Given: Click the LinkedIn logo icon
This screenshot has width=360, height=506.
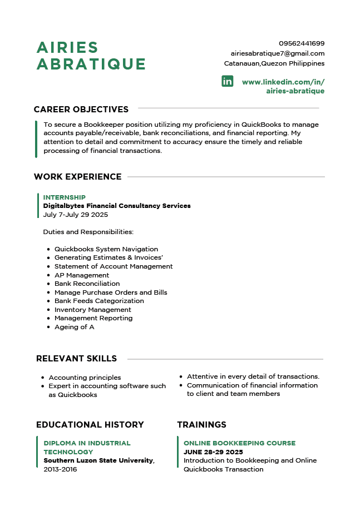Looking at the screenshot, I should tap(228, 81).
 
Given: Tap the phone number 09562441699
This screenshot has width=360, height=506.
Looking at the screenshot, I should tap(302, 43).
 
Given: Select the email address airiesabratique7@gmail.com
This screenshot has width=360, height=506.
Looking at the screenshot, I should tap(278, 53).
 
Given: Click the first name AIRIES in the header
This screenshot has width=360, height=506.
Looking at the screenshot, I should tap(67, 48).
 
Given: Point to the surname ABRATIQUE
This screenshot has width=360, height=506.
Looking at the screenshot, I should tap(91, 64).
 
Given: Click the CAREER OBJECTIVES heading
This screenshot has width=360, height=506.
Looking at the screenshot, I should tap(81, 110).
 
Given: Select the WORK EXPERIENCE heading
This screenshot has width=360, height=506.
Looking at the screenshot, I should tap(77, 177).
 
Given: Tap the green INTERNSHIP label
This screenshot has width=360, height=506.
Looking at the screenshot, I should tap(65, 197).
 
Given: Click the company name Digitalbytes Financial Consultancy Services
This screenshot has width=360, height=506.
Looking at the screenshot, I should tap(117, 206).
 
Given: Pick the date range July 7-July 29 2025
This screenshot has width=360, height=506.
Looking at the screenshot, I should tap(76, 215).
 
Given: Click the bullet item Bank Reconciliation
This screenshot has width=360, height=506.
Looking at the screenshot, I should tap(87, 284).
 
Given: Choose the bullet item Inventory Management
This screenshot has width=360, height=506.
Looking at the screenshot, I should tap(92, 310).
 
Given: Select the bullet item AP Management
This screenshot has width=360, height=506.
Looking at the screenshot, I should tap(82, 275).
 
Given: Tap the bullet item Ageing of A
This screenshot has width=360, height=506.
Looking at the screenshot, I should tap(74, 327).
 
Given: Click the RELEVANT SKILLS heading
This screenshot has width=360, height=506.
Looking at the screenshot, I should tap(76, 359).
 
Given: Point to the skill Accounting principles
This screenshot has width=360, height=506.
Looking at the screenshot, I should tap(85, 378).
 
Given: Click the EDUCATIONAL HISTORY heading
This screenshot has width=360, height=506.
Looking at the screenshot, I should tap(90, 425).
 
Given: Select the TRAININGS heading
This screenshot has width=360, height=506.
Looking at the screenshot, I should tap(201, 425).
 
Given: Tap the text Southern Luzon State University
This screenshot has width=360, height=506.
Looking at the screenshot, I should tap(98, 460).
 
